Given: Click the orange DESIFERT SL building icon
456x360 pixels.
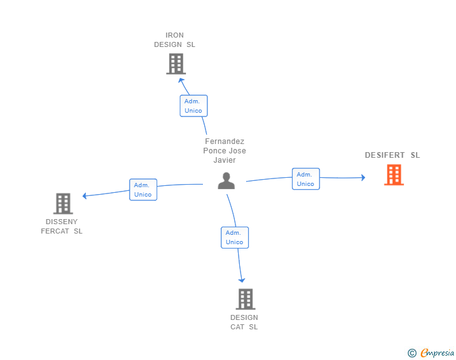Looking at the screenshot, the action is pos(394,175).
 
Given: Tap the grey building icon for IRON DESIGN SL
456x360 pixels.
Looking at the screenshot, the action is pos(176,64).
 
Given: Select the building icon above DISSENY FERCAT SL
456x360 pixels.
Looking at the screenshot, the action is pos(63,203).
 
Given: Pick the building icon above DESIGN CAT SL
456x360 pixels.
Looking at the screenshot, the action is pos(246,299).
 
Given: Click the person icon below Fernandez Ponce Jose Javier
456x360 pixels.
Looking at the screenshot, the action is pos(226,181).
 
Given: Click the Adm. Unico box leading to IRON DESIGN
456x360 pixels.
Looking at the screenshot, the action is pos(194,106).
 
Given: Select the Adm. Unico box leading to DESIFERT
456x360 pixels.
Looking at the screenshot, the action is pos(306,179).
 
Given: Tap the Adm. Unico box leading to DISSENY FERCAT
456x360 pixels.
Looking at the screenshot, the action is pos(143,190).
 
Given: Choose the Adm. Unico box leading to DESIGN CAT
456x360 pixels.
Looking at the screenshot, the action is pos(235,237).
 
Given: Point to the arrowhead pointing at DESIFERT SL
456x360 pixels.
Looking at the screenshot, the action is pos(363,177).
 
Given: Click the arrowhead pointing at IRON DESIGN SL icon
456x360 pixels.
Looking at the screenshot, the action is pos(181,80).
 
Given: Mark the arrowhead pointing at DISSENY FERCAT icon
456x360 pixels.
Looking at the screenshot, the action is pos(85,196).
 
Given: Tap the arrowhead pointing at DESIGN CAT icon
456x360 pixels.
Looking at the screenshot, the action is pos(242,280).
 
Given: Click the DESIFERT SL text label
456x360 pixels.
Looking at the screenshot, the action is pos(392,155).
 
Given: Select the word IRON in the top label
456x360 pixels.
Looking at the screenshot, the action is pos(175,35).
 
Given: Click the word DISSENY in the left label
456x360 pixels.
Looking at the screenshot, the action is pos(61,222).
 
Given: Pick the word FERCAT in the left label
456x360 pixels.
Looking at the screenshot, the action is pos(55,231).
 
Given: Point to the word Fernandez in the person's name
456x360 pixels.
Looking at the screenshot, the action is pos(224,141).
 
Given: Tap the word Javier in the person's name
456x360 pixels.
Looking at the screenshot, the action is pos(224,160).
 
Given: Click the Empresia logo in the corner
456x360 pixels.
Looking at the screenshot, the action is pos(431,352).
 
